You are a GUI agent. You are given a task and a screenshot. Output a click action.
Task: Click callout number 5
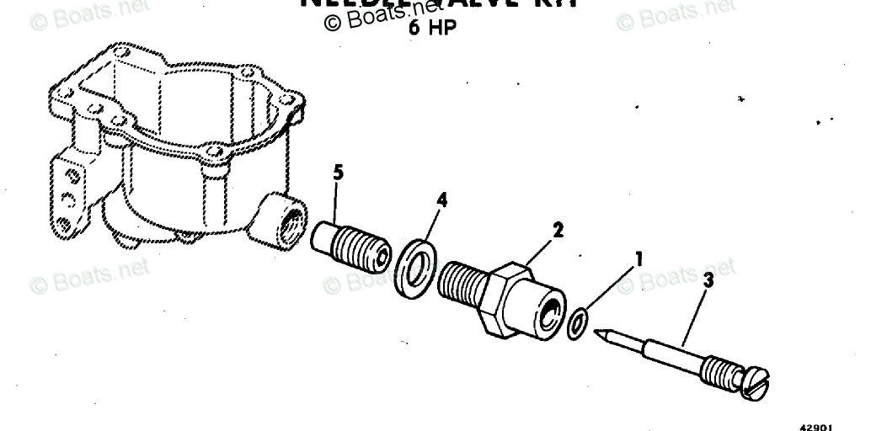338,173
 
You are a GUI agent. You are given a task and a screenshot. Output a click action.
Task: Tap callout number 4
441,201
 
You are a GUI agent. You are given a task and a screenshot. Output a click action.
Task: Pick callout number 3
708,280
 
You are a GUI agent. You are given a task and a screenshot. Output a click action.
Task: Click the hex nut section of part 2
508,298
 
